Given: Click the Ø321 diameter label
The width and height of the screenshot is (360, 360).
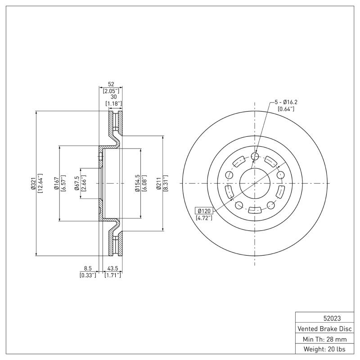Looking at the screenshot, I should tap(33, 184).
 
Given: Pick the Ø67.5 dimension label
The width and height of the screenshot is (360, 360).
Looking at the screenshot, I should tap(77, 184).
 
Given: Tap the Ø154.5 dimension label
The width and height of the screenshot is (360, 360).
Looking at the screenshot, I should tap(137, 184).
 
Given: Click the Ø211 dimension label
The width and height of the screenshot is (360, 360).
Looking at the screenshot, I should tap(159, 184).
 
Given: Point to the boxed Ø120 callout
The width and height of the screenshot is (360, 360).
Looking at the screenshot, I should tap(203, 211).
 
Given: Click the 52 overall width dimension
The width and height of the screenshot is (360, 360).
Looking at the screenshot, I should tap(111, 84).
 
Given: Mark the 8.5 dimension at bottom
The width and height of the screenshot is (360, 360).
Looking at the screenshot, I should tap(88, 268).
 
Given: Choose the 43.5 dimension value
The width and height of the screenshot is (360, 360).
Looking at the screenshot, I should tap(112, 268).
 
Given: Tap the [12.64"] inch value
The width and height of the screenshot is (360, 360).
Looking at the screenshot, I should tap(40, 184).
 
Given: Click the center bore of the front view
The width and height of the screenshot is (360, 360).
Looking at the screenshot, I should tap(255, 183).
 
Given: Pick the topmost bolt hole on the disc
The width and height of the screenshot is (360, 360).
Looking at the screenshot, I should tap(255, 157).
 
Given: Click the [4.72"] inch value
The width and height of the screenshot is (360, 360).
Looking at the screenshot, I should tap(204, 218).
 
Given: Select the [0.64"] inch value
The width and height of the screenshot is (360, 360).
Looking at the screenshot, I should tap(285, 109).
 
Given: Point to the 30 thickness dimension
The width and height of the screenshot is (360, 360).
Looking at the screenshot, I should tap(113, 97).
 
